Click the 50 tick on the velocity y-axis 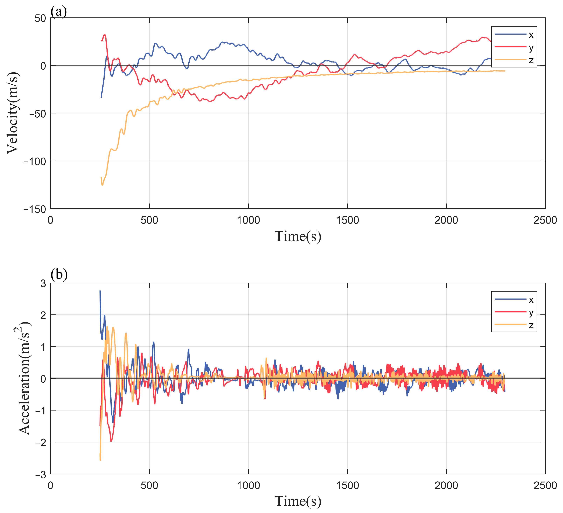tap(40, 19)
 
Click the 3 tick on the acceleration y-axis tap(43, 284)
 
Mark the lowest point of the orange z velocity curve tap(102, 185)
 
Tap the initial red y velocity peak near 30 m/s tap(105, 35)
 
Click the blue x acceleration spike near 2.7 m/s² tap(100, 291)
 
